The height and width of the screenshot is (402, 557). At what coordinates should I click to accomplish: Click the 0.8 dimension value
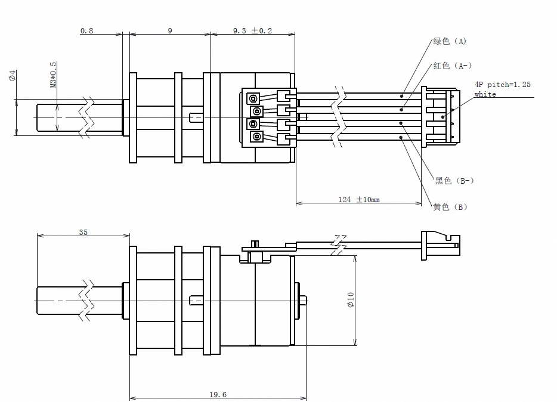tap(87, 30)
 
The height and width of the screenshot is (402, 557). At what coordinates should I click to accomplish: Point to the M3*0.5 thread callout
tap(53, 75)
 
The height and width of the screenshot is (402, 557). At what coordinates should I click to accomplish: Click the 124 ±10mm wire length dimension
tap(359, 199)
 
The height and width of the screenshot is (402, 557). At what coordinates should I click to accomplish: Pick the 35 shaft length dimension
tap(83, 232)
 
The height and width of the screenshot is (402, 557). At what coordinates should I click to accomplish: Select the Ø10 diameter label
tap(351, 299)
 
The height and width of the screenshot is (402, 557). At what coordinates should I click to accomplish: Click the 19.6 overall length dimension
tap(218, 394)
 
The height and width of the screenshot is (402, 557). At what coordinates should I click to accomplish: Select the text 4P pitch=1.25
tap(502, 85)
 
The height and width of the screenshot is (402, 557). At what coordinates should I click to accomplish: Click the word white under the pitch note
tap(485, 94)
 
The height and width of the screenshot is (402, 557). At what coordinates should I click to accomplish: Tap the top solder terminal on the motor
tap(253, 98)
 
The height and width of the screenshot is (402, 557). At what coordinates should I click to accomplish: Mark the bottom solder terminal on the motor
tap(256, 138)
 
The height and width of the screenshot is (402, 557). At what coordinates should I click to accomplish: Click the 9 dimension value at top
tap(170, 30)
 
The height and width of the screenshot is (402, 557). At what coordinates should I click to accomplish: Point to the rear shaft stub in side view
tap(304, 299)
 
